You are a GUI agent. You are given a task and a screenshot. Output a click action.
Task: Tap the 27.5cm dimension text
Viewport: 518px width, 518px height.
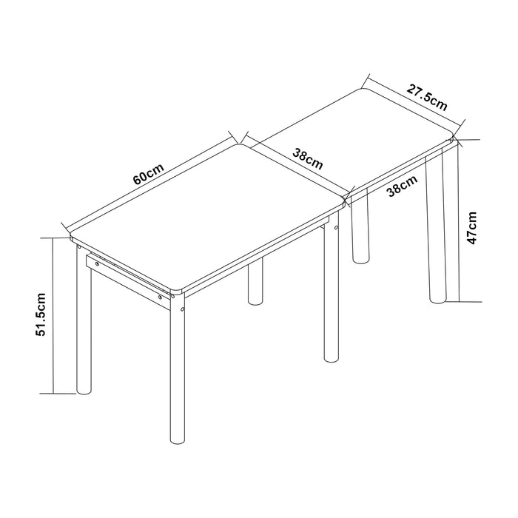click(x=427, y=98)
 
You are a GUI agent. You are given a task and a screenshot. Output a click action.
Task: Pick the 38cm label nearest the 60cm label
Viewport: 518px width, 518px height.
click(x=307, y=159)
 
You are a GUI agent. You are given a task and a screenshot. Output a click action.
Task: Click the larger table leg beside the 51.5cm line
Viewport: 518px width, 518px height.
click(x=83, y=326)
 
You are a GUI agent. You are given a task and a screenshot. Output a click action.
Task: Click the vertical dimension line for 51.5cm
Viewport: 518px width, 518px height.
click(x=53, y=314)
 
